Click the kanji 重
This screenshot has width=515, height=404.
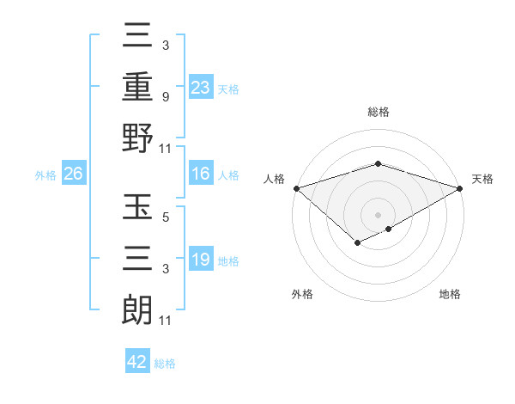(x=137, y=89)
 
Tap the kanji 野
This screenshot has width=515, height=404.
(x=137, y=138)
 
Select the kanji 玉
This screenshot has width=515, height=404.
(x=137, y=209)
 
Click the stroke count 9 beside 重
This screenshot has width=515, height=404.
(x=165, y=97)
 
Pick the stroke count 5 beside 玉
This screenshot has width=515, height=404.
(x=165, y=217)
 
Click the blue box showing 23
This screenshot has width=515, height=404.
(x=201, y=87)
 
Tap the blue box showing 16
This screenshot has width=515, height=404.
(x=201, y=174)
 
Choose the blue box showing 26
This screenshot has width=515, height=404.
(x=73, y=174)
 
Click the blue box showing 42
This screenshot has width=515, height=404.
(x=137, y=362)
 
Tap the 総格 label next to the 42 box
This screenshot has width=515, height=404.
(x=166, y=364)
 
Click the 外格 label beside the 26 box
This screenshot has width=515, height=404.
(x=45, y=175)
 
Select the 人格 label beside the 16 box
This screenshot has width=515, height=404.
(x=228, y=175)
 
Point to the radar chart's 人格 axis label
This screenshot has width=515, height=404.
(x=275, y=179)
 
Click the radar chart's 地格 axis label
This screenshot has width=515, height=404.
(x=450, y=294)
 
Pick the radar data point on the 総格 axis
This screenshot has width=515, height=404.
(x=378, y=163)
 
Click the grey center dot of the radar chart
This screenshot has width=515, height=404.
(x=378, y=214)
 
